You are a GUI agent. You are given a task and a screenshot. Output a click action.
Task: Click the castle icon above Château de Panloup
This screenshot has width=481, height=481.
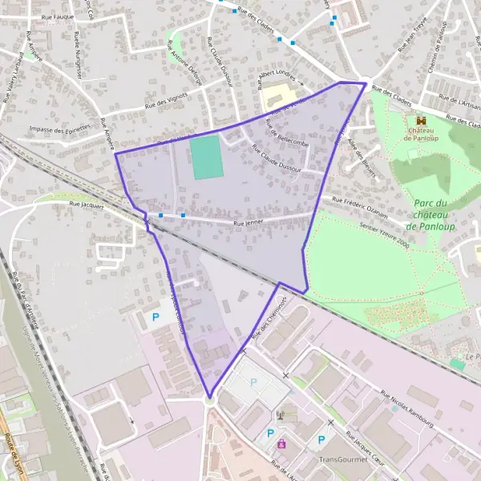tap(421, 119)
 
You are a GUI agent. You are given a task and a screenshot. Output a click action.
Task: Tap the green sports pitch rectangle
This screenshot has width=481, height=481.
tap(207, 157)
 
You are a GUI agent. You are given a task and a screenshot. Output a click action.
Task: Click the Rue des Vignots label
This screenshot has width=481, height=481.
tap(165, 101)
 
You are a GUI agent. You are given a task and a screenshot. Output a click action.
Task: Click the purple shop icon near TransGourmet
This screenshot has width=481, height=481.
tap(281, 443)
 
